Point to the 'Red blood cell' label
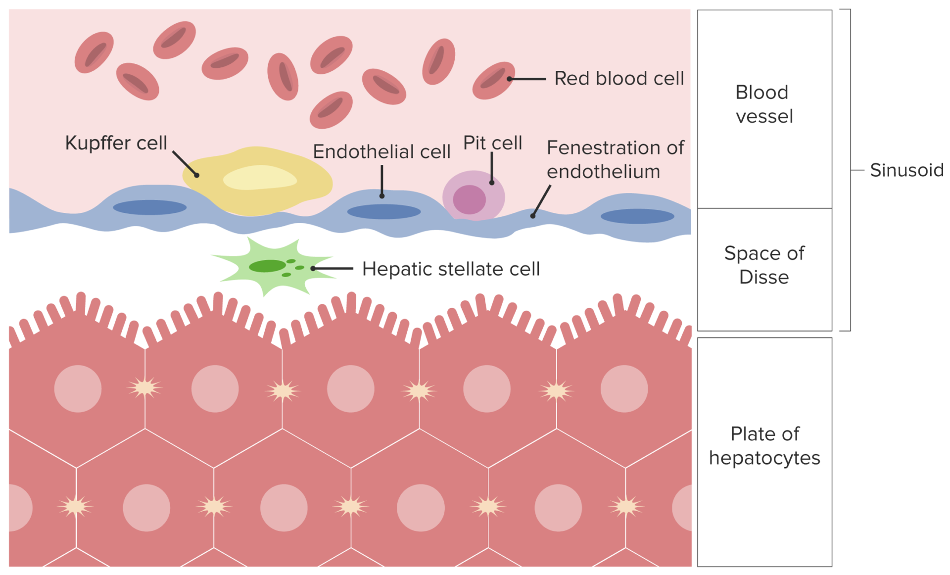(x=618, y=79)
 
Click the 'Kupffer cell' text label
(x=116, y=143)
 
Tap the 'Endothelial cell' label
(x=381, y=152)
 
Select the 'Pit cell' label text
(x=492, y=143)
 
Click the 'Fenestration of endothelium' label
(x=615, y=159)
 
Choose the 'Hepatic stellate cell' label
(x=451, y=269)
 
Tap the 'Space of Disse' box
(x=764, y=265)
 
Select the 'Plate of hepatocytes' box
(x=764, y=446)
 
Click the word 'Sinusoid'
(x=906, y=170)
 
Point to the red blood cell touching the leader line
(x=493, y=80)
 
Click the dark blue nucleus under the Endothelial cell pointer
(x=384, y=212)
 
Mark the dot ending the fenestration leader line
(x=533, y=216)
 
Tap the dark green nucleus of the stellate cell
(x=267, y=266)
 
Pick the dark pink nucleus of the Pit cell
(x=469, y=199)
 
